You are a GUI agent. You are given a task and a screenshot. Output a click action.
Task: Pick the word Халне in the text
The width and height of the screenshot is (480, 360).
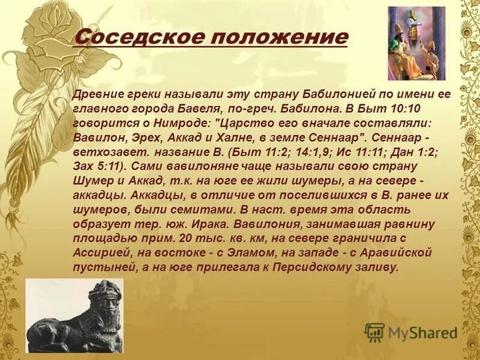(x=222, y=136)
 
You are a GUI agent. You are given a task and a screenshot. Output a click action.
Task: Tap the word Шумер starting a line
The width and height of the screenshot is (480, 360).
(x=88, y=178)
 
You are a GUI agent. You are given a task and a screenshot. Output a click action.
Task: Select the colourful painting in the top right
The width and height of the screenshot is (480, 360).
(x=416, y=43)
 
